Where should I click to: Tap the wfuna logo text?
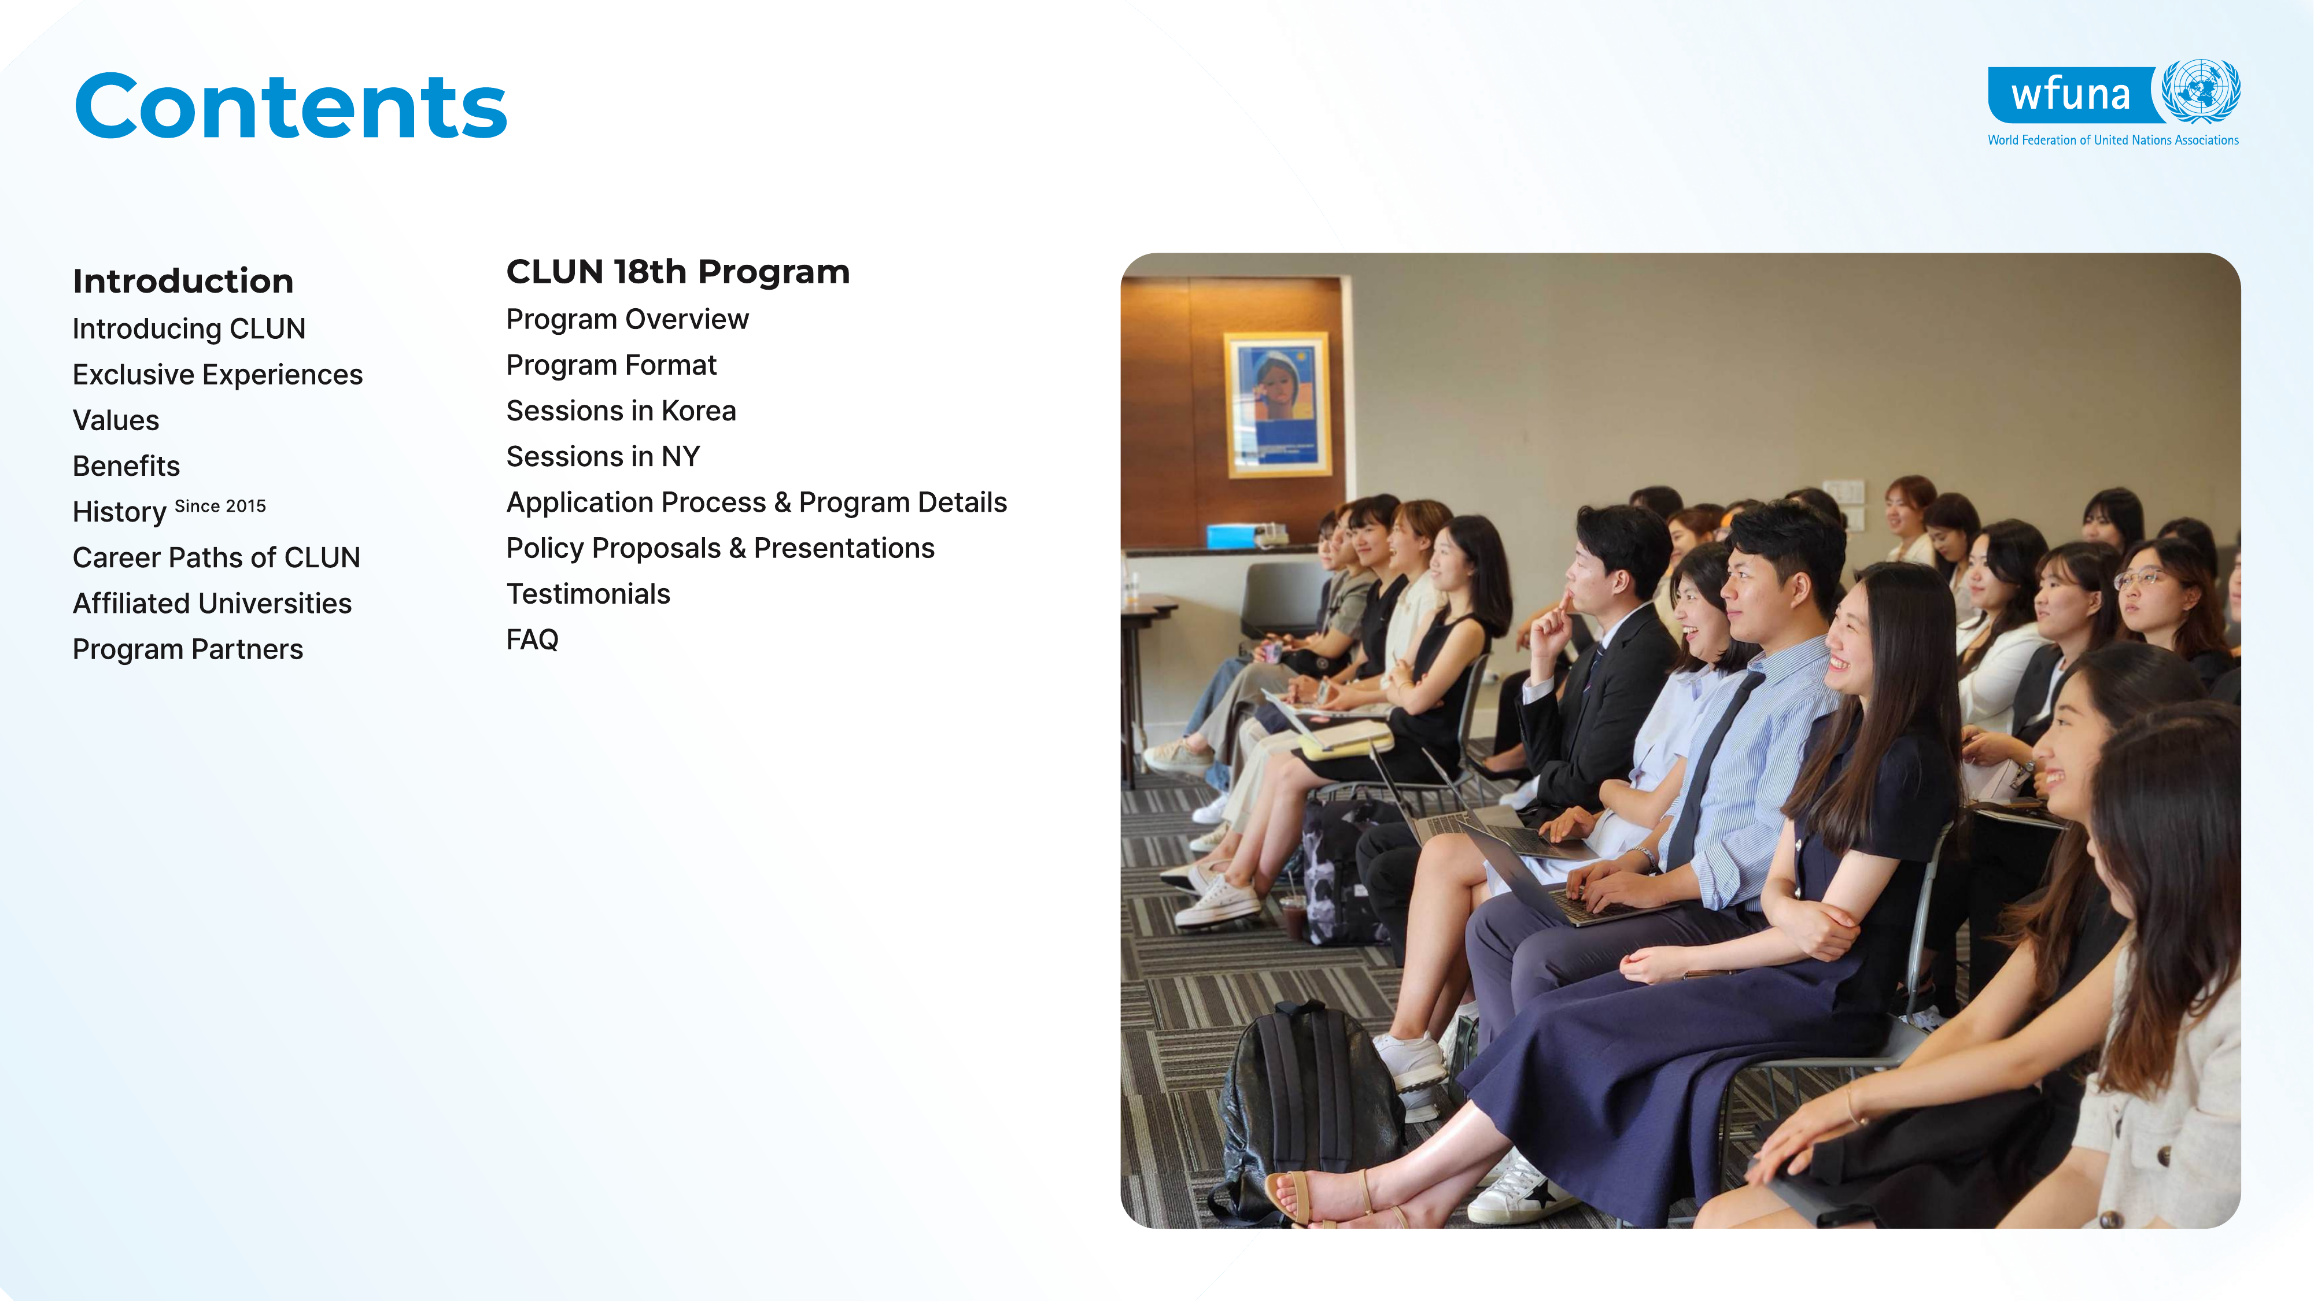click(x=2070, y=94)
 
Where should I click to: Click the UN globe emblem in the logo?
click(x=2200, y=91)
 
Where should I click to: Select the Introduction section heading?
click(x=183, y=281)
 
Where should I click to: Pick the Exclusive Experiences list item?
click(x=217, y=375)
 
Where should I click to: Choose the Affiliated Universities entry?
click(x=212, y=603)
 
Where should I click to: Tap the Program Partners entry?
click(x=188, y=649)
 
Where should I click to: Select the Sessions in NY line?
click(x=603, y=456)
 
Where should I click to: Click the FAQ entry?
click(x=533, y=640)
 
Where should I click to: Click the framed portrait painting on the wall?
click(x=1278, y=405)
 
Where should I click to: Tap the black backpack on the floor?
click(x=1307, y=1109)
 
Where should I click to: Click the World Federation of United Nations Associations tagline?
click(x=2113, y=140)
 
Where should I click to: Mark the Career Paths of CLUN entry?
click(x=216, y=557)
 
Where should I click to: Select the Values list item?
click(x=116, y=420)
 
